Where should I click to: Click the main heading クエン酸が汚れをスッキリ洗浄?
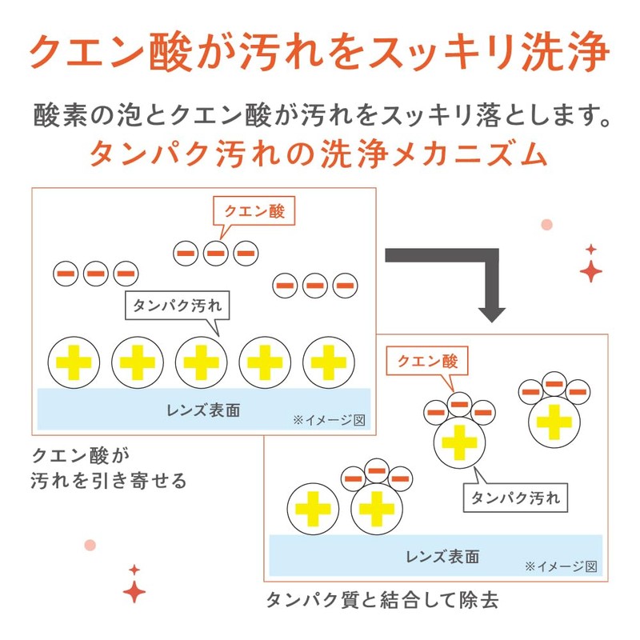[x=319, y=51]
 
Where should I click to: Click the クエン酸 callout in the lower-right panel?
[x=428, y=361]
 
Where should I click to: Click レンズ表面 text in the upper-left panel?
[x=203, y=410]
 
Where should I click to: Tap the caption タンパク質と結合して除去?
[x=382, y=600]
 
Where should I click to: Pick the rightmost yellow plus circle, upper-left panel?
[x=328, y=362]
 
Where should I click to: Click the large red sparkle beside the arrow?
[x=591, y=271]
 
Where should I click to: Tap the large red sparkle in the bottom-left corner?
[x=134, y=591]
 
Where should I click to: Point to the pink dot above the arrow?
[x=547, y=225]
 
